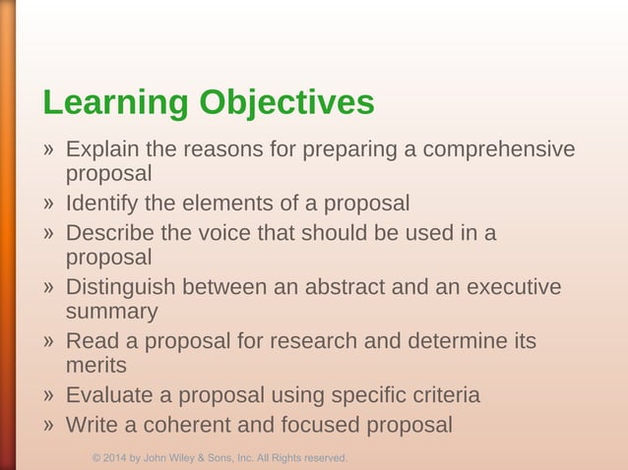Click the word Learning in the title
point(115,103)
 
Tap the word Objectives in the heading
point(285,103)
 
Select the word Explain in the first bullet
point(102,149)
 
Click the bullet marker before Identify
point(48,205)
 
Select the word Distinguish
point(123,287)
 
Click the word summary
point(111,313)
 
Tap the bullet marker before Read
point(48,342)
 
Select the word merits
point(96,366)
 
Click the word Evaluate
point(107,395)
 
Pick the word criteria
point(442,395)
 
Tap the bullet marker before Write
point(48,426)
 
